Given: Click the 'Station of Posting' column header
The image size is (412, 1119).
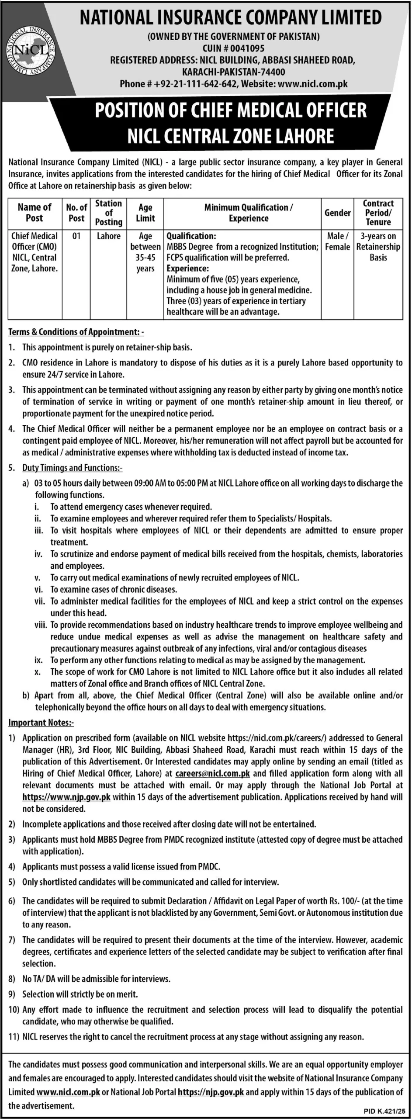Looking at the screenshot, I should [x=108, y=212].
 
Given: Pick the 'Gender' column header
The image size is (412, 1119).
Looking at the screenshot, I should [x=337, y=213].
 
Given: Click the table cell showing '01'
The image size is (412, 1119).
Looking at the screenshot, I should [x=76, y=236].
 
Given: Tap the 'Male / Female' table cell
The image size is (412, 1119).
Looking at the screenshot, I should [x=337, y=241].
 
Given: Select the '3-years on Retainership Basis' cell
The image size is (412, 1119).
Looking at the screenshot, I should [x=378, y=247].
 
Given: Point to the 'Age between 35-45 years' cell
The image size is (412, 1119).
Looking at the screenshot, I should [x=145, y=252].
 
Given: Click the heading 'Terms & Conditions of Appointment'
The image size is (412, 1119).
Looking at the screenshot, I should [x=75, y=332].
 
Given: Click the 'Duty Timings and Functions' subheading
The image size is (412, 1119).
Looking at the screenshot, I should [x=72, y=468].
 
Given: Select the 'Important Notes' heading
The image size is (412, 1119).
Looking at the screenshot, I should [x=41, y=723].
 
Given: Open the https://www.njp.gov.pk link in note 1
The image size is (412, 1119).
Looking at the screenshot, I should [x=66, y=797].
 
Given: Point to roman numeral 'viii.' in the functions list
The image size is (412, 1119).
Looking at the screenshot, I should [x=40, y=625].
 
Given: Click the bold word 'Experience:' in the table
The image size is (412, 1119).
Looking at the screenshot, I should [x=187, y=268].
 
